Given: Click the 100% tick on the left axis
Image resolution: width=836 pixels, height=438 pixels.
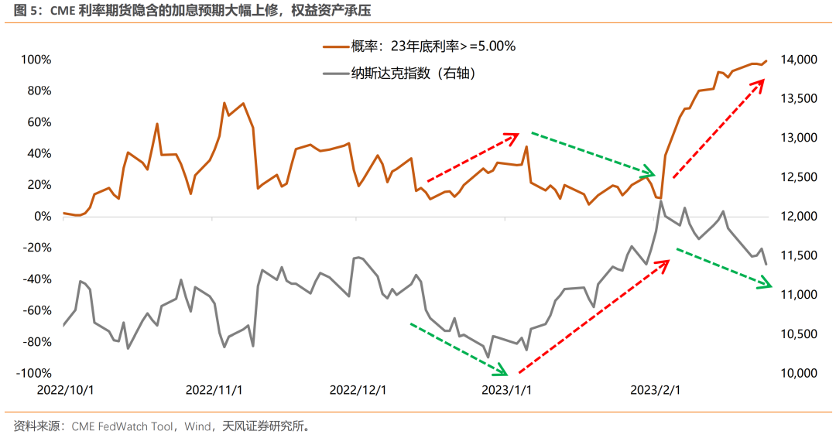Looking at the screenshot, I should click(x=36, y=60).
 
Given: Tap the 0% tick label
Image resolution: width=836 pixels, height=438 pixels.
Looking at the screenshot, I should click(x=42, y=217).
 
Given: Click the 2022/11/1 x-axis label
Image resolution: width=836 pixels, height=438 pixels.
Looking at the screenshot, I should click(x=214, y=390).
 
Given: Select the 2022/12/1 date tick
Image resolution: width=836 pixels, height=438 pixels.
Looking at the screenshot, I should click(x=358, y=390).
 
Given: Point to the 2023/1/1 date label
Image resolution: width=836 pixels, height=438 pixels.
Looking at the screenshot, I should click(x=507, y=390).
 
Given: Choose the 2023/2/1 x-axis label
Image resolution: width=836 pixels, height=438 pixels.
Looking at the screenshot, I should click(x=656, y=390).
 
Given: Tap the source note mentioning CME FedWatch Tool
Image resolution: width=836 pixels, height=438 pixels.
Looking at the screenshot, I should click(x=124, y=426).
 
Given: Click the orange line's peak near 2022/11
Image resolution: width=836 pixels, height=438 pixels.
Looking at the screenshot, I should click(x=224, y=103).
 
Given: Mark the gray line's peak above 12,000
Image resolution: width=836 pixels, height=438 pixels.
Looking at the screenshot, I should click(x=660, y=201).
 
